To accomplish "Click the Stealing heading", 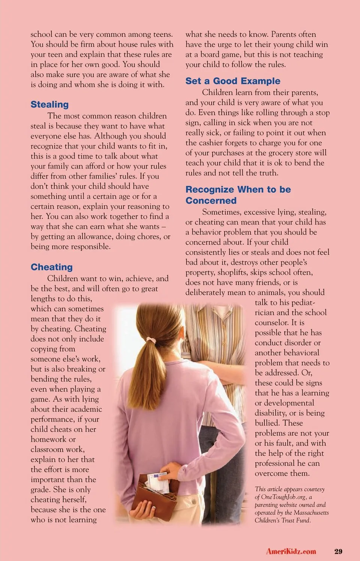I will pyautogui.click(x=49, y=105).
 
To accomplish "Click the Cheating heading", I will pyautogui.click(x=52, y=267).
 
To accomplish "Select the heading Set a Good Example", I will pyautogui.click(x=232, y=81).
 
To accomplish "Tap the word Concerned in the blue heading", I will pyautogui.click(x=211, y=201).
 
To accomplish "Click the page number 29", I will pyautogui.click(x=338, y=551).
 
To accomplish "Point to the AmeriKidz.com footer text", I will pyautogui.click(x=291, y=551).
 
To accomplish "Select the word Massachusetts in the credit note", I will pyautogui.click(x=311, y=513).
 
